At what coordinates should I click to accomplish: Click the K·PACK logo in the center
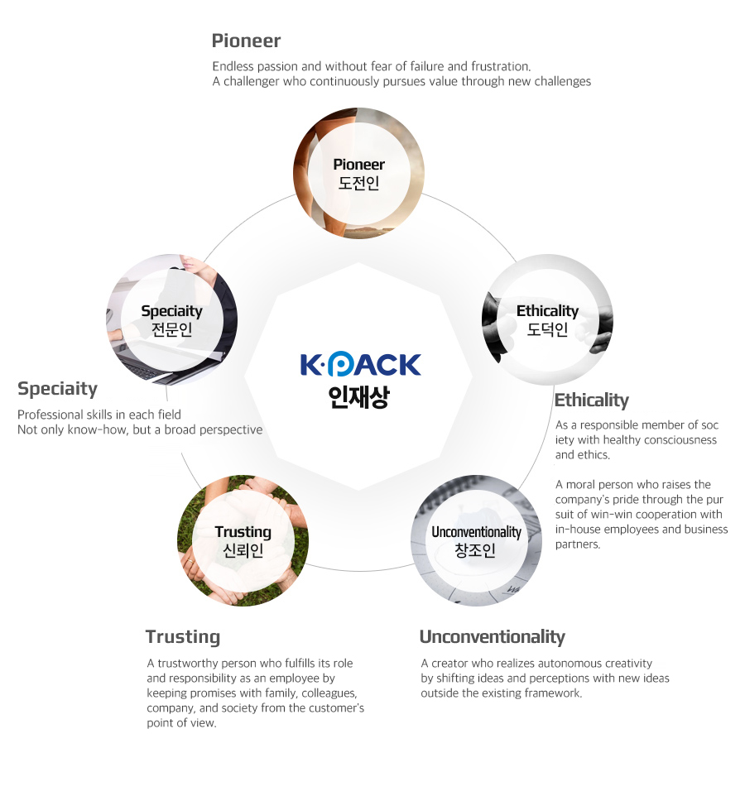pos(361,365)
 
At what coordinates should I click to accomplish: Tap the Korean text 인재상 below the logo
pos(358,397)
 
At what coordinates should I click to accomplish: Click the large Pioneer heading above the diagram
pos(246,41)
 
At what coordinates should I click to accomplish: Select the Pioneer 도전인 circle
pos(358,173)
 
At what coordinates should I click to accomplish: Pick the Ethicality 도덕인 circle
pos(547,319)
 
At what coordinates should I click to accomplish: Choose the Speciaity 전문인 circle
pos(171,319)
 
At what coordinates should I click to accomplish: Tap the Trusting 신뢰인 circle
pos(243,540)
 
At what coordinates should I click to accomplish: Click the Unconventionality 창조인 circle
pos(476,540)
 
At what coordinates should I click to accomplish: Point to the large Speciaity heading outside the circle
pos(57,389)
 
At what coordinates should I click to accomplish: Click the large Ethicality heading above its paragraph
pos(592,400)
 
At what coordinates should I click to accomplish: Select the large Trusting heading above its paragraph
pos(183,637)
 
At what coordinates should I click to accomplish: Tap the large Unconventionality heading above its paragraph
pos(492,636)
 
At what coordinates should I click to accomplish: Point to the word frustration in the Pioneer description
pos(502,66)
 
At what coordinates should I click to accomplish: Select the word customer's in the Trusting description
pos(339,708)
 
